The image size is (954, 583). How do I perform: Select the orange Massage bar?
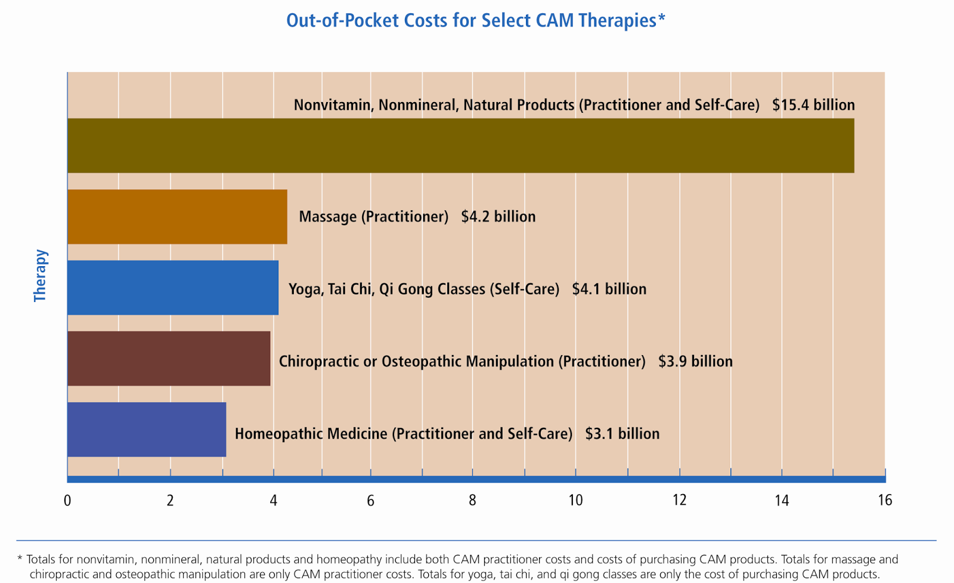[177, 217]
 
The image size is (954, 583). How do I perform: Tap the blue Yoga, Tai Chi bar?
[173, 288]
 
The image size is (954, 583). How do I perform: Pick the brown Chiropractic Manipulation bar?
[169, 359]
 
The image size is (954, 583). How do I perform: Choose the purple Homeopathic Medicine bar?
[147, 430]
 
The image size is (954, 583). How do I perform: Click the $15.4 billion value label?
[813, 105]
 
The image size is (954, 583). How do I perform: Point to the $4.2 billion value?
[498, 217]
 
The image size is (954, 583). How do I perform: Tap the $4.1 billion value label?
[609, 289]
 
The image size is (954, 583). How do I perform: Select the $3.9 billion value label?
[695, 362]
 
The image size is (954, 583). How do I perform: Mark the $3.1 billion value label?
[622, 434]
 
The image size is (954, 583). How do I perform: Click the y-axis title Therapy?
[40, 276]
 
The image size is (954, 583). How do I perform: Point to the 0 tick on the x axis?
[67, 500]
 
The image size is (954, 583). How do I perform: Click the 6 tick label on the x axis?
[370, 500]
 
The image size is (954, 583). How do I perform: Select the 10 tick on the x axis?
[575, 500]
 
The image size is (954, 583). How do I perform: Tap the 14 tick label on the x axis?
[782, 500]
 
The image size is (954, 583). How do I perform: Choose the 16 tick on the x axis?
[885, 500]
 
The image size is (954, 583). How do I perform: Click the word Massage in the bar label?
[327, 217]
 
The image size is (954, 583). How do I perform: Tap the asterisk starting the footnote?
[20, 559]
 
